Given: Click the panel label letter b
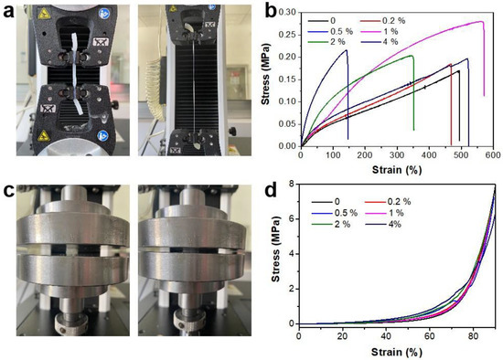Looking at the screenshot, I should (260, 11).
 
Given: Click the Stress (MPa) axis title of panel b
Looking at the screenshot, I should (268, 78).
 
